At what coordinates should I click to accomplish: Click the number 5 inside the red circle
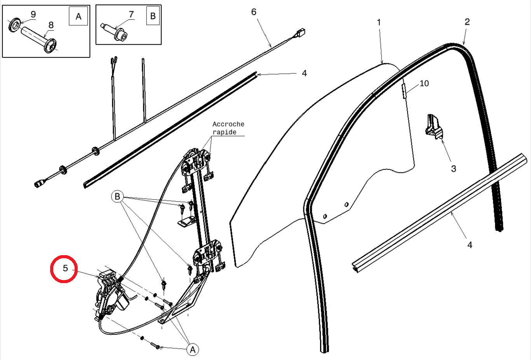coord(65,268)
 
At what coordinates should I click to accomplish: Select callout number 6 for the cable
coord(254,12)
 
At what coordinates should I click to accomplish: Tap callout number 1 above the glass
coord(379,23)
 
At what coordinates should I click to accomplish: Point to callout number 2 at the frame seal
coord(467,22)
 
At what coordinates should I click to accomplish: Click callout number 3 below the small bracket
coord(453,169)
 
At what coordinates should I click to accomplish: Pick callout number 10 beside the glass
coord(424,83)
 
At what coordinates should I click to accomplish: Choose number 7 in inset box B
coord(131,14)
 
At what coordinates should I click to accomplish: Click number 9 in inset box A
coord(33,14)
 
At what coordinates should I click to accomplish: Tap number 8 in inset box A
coord(51,25)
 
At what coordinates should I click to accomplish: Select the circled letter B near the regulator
coord(117,197)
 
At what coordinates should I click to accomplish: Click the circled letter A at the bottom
coord(193,350)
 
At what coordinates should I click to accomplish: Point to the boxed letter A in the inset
coord(78,16)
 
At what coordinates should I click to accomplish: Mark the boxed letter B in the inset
coord(153,16)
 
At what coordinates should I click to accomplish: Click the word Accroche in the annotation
coord(228,124)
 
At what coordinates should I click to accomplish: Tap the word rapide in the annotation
coord(224,132)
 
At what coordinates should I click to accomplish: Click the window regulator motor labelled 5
coord(111,295)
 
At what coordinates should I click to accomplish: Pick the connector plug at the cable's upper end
coord(300,32)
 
